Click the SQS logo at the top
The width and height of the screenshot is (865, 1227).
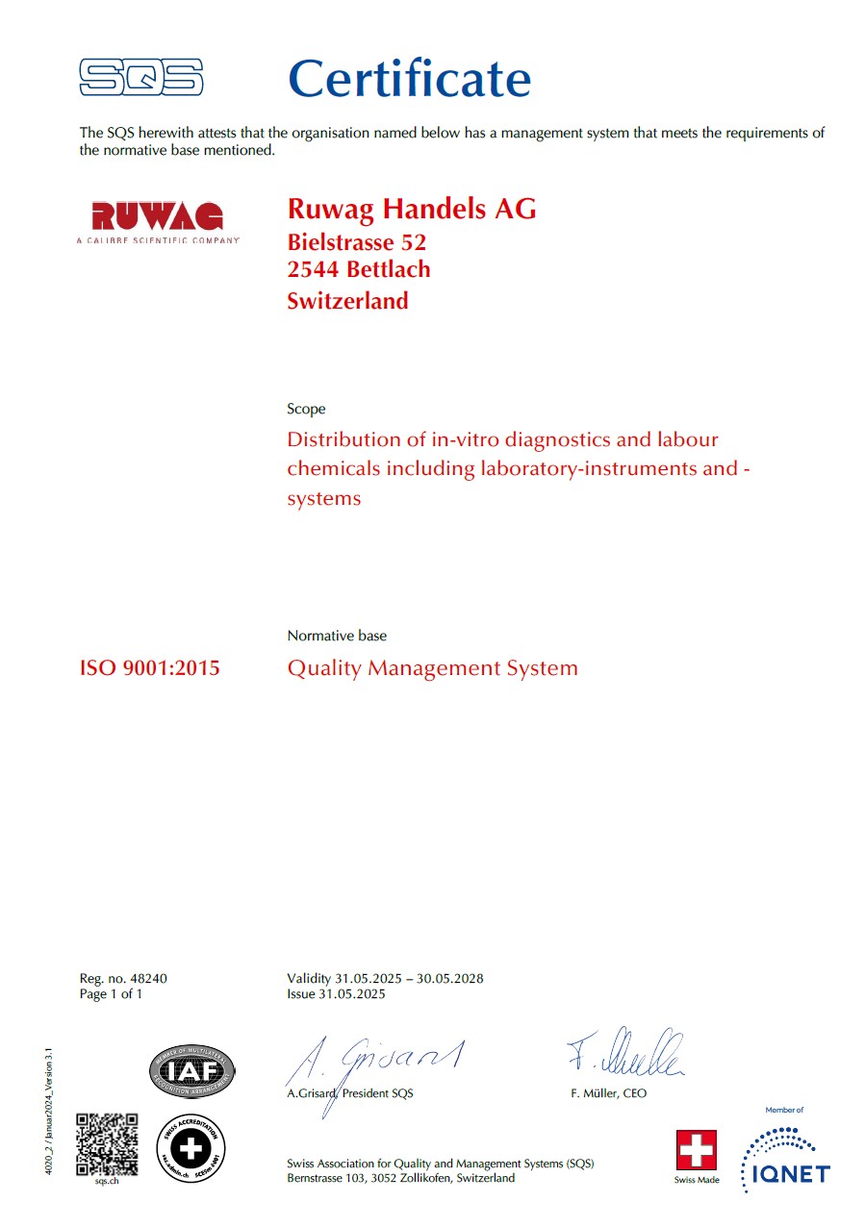click(140, 77)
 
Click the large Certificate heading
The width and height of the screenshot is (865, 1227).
click(409, 79)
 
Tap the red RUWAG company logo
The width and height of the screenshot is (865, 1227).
click(157, 216)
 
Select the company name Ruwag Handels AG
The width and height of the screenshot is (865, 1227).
click(412, 209)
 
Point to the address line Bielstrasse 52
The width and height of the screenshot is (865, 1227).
click(357, 242)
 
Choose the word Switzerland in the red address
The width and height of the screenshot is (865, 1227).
click(347, 301)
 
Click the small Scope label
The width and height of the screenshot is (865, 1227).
click(306, 409)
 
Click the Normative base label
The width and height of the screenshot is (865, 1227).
click(337, 636)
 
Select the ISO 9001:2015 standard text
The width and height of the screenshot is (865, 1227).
click(149, 667)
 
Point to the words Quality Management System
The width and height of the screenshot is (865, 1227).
click(432, 667)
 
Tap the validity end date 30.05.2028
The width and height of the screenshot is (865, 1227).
click(451, 979)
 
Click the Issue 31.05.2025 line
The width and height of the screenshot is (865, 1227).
click(336, 994)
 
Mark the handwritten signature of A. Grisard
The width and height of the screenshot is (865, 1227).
click(375, 1063)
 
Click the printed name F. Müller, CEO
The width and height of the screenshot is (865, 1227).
click(608, 1093)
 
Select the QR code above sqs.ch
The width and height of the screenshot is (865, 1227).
click(107, 1143)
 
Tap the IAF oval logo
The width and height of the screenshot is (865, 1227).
click(192, 1070)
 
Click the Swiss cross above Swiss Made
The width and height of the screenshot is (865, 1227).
click(697, 1150)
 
